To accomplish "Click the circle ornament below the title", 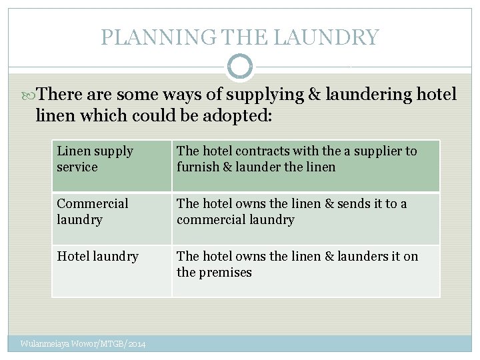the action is [240, 67].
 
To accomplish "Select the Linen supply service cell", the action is [95, 159].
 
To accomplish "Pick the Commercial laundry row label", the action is [93, 211].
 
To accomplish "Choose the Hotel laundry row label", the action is [97, 256].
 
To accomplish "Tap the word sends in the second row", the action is [350, 203].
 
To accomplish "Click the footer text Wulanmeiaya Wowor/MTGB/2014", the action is [83, 344].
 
